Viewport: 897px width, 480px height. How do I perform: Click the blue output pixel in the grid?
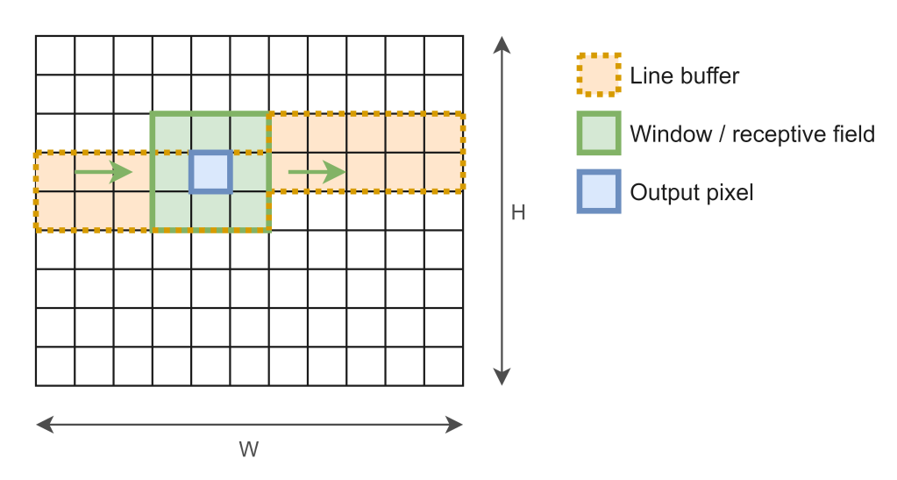pos(210,172)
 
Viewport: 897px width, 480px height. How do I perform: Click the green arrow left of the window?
pos(103,172)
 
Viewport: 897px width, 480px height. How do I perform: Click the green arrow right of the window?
pos(317,172)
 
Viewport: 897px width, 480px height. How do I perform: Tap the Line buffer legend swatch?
pos(598,75)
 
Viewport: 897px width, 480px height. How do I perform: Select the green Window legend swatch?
pos(598,133)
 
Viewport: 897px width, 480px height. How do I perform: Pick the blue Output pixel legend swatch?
pos(598,191)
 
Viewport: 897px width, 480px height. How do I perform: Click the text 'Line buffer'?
pos(684,76)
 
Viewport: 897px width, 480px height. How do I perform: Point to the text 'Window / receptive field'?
pos(751,134)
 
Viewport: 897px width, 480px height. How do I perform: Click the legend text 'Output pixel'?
pos(691,192)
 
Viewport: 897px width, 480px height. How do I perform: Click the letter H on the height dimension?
pos(518,212)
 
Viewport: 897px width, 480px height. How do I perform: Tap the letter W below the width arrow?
pos(249,449)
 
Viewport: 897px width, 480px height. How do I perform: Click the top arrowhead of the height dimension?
pos(501,42)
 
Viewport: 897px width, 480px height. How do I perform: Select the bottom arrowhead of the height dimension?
pos(501,378)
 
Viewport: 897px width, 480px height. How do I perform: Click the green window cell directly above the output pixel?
pos(210,133)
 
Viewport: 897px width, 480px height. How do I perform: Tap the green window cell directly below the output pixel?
pos(210,211)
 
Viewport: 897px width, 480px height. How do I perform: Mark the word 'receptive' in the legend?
pos(770,134)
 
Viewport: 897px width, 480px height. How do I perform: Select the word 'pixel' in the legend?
pos(730,192)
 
